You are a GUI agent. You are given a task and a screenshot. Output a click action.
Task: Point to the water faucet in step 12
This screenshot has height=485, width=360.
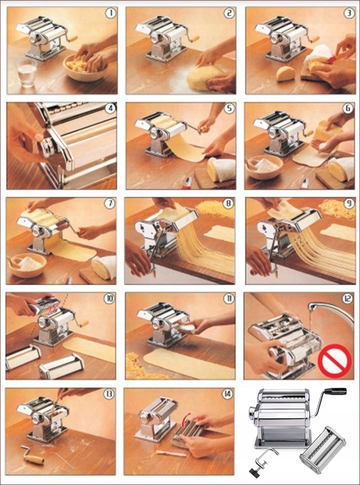click(331, 312)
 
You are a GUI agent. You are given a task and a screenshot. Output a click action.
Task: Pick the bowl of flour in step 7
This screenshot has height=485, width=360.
click(28, 265)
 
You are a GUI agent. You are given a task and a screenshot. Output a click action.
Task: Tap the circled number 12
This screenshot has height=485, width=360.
click(348, 299)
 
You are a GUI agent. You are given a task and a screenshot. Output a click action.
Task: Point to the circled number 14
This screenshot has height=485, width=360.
click(227, 394)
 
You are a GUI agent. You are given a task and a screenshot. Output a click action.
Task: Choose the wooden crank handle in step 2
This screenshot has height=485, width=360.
click(195, 39)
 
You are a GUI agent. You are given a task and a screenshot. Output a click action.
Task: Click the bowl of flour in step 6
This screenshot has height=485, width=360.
click(264, 167)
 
